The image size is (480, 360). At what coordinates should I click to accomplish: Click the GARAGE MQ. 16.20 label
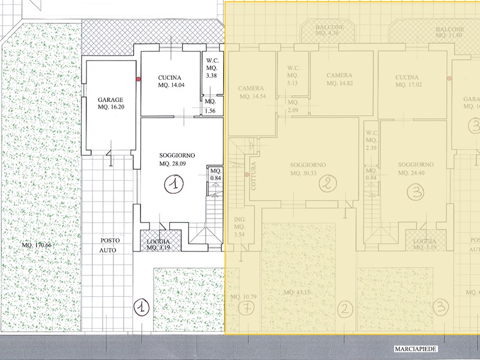click(111, 104)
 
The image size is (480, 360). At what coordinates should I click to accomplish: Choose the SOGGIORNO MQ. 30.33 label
click(307, 169)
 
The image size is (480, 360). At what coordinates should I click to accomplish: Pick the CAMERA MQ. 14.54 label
click(252, 92)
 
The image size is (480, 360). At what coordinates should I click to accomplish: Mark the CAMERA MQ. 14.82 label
click(339, 79)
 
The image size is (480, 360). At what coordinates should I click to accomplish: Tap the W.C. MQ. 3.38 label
click(211, 68)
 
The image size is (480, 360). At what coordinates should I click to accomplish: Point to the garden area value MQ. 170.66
click(36, 245)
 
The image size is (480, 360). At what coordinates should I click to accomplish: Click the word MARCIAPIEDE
click(415, 349)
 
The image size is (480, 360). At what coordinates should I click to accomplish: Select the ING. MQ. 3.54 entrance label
click(239, 226)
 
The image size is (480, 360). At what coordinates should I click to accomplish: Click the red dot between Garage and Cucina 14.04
click(139, 79)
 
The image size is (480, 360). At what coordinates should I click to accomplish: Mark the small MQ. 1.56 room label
click(210, 106)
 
